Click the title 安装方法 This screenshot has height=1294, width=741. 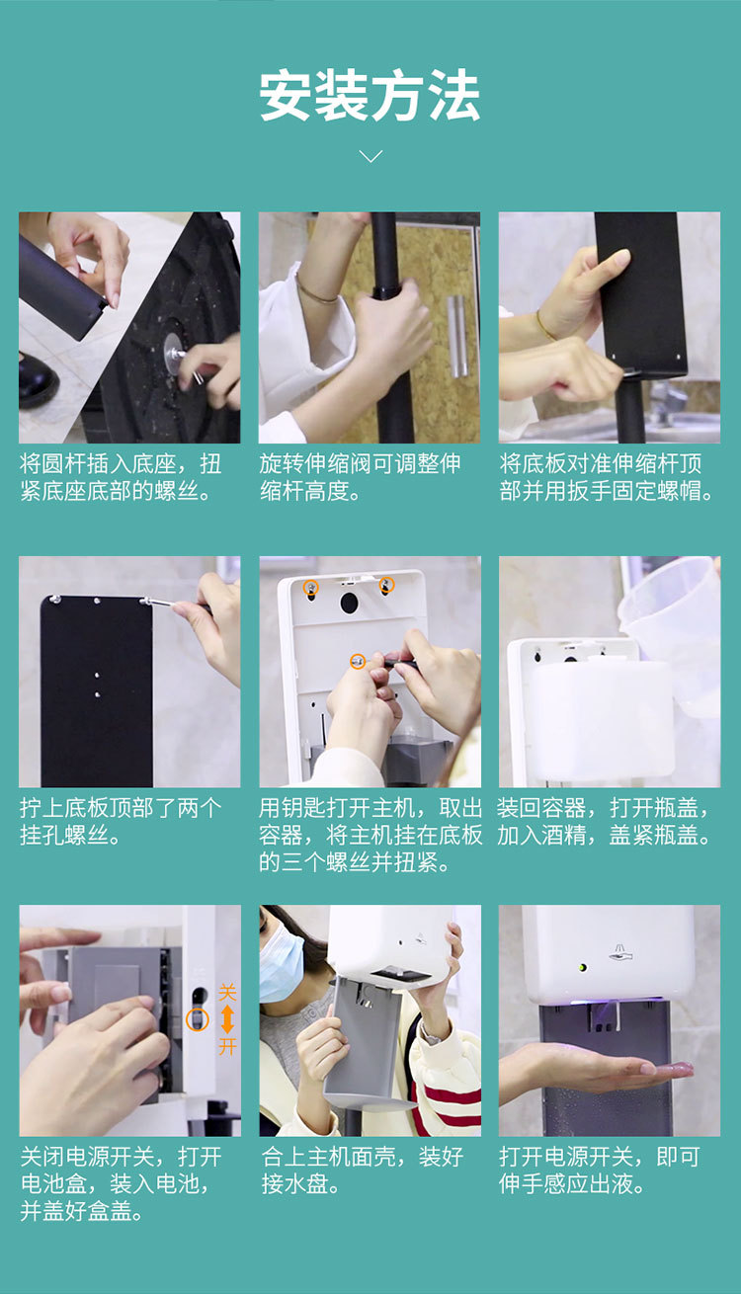point(370,95)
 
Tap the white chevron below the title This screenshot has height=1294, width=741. point(370,156)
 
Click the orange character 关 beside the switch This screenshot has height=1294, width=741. point(227,993)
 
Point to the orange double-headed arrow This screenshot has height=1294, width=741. point(227,1019)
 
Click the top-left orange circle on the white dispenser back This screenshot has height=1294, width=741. point(311,587)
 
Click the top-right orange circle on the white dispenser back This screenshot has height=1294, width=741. point(386,585)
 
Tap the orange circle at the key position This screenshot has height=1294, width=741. point(358,661)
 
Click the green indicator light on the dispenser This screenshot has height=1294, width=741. point(583,967)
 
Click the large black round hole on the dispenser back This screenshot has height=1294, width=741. point(349,604)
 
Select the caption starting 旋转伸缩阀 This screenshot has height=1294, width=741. point(360,477)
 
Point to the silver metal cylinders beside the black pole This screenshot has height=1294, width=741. point(456,336)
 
